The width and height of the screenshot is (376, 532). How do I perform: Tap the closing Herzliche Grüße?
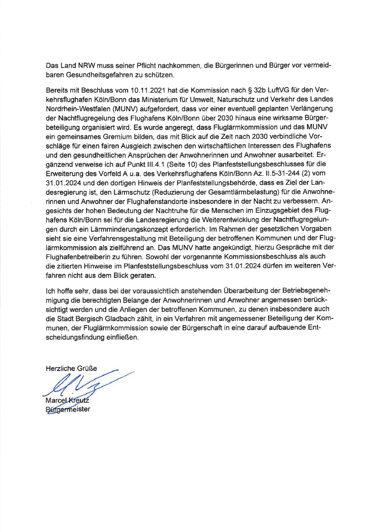tap(71, 369)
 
